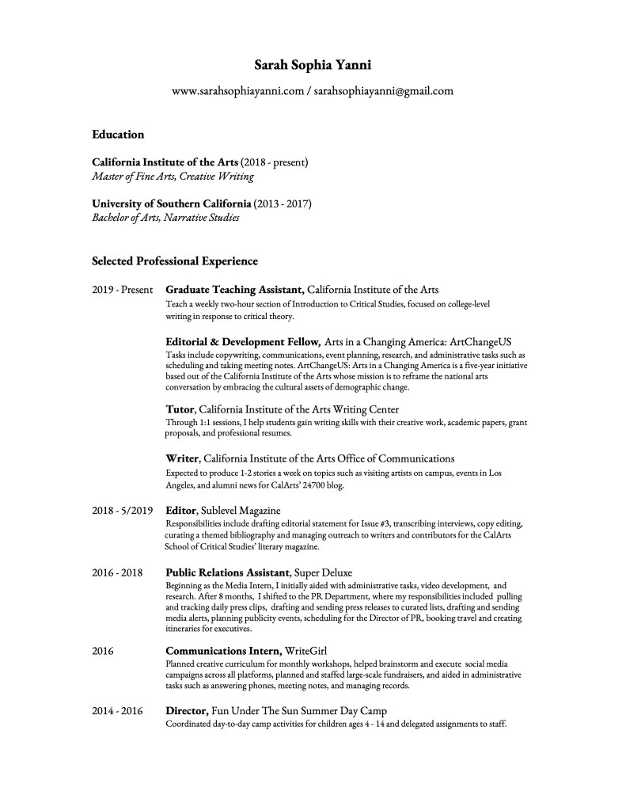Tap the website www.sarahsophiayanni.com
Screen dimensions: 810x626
tap(238, 91)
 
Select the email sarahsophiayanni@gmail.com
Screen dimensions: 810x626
tap(383, 91)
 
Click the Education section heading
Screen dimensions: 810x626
tap(118, 135)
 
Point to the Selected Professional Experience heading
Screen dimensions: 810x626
tap(175, 260)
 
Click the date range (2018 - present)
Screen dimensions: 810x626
tap(274, 162)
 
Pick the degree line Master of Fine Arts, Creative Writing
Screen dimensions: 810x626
tap(173, 177)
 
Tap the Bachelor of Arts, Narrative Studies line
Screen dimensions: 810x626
tap(165, 218)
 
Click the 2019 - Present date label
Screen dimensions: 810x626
tap(122, 290)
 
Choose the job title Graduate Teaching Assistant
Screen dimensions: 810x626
tap(234, 290)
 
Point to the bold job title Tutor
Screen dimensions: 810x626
tap(180, 409)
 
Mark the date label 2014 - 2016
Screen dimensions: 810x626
tap(117, 711)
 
